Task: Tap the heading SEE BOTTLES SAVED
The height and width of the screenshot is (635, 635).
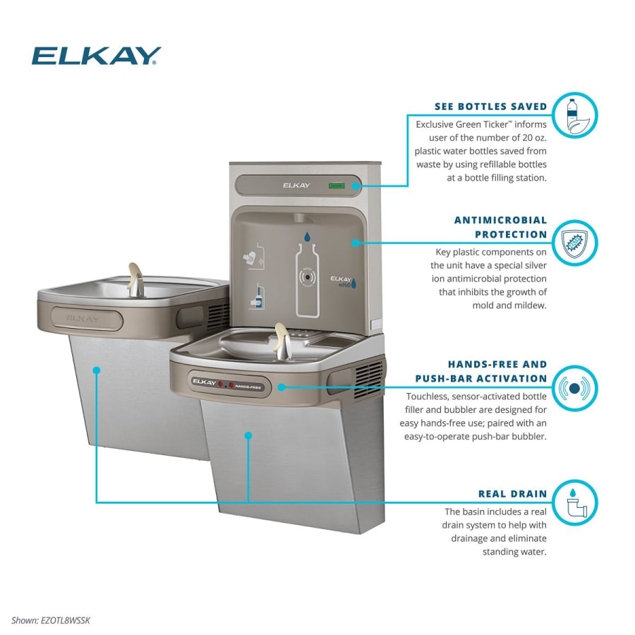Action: [490, 107]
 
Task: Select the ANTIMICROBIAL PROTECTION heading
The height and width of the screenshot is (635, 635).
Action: [500, 227]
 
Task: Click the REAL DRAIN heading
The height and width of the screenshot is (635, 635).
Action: [512, 494]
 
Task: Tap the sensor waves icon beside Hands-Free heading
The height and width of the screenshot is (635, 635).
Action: [574, 387]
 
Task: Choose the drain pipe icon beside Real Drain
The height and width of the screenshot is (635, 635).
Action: [574, 503]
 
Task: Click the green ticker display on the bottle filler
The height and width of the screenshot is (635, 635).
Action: [337, 186]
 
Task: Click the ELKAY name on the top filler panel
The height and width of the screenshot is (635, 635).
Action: [296, 186]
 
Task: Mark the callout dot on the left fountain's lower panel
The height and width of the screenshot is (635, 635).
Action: [96, 370]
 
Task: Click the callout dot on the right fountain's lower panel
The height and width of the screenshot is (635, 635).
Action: [248, 436]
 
